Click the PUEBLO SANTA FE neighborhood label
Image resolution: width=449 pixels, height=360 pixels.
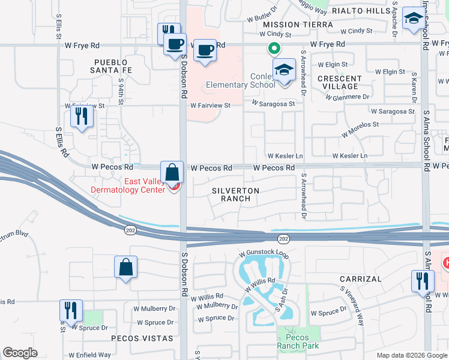pos(111,67)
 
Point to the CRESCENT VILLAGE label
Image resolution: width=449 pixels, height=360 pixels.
pos(340,82)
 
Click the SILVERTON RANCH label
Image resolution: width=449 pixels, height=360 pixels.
pos(235,194)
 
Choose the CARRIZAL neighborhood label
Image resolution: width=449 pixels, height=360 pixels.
pos(360,279)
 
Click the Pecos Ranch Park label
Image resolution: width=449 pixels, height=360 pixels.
pos(293,341)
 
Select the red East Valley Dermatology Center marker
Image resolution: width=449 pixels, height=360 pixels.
pos(175,188)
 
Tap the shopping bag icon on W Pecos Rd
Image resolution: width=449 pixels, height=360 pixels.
pos(172,172)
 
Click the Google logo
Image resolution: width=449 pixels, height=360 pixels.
pos(20,353)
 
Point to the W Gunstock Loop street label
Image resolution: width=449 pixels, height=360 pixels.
pos(263,254)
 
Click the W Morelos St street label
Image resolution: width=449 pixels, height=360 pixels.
pos(360,128)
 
